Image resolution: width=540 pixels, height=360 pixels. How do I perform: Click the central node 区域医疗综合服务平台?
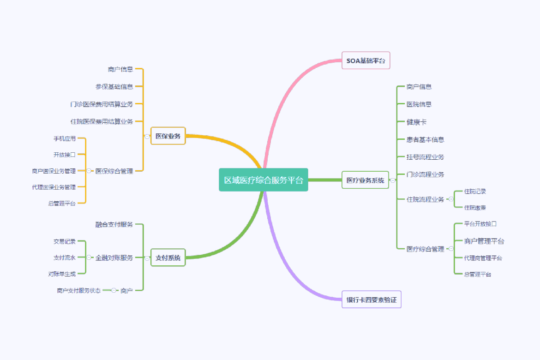pos(263,180)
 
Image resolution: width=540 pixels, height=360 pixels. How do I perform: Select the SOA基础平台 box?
pos(366,60)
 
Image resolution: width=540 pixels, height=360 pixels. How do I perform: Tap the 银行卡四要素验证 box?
pos(371,300)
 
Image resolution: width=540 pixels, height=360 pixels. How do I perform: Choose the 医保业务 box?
pos(168,136)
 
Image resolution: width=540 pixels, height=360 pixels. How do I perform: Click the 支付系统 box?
pos(168,258)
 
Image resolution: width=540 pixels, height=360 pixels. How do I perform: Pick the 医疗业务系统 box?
pos(365,180)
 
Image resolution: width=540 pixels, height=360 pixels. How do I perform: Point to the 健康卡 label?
pos(416,122)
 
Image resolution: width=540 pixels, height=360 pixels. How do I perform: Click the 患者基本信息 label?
pos(425,139)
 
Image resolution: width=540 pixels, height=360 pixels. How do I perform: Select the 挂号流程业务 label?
pos(425,157)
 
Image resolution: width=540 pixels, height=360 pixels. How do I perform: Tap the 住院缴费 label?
pos(475,208)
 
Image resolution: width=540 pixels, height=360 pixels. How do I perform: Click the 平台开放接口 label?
pos(480,224)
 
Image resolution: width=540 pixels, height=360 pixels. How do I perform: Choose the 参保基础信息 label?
pos(114,86)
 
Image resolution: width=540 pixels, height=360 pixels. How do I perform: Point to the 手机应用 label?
pos(64,138)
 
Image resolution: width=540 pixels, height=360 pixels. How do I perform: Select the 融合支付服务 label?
pos(114,224)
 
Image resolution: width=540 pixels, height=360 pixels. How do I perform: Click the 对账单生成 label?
pos(62,274)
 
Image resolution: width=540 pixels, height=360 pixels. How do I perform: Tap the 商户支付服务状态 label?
pos(78,290)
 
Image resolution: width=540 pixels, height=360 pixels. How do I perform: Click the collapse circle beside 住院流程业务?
pos(451,199)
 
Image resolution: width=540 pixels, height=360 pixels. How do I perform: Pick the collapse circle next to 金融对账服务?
pos(89,258)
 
